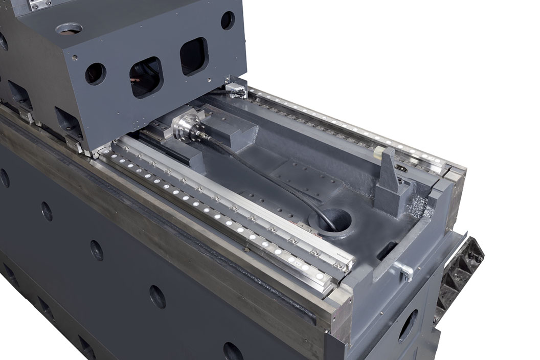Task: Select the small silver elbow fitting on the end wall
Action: (x=405, y=271)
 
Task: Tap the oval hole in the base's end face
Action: (x=408, y=325)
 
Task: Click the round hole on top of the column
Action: (x=69, y=29)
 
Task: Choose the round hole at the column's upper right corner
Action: (x=228, y=20)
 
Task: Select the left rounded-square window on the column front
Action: (x=146, y=77)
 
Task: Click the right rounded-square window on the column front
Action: (x=194, y=56)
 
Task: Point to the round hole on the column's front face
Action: (x=95, y=74)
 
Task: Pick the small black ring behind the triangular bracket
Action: (x=402, y=168)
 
